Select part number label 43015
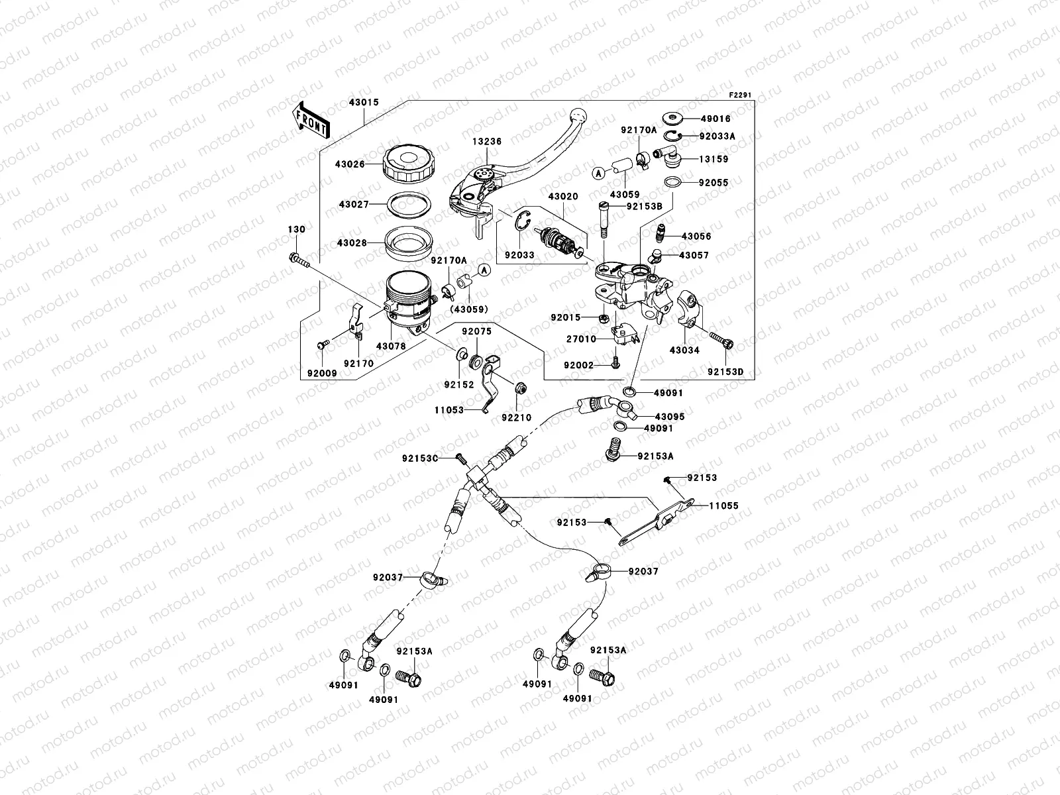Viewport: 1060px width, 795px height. [363, 103]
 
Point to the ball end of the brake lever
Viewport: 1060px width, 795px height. [579, 116]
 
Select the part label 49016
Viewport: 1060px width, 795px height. [716, 119]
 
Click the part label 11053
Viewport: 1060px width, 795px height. [449, 411]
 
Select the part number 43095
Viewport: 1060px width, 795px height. [670, 417]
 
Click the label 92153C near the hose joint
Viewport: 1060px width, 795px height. [420, 458]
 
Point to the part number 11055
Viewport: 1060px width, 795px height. [723, 505]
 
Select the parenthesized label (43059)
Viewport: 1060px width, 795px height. [468, 309]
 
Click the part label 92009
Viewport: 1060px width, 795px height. [322, 373]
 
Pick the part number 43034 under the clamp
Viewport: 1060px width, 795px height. [684, 350]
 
